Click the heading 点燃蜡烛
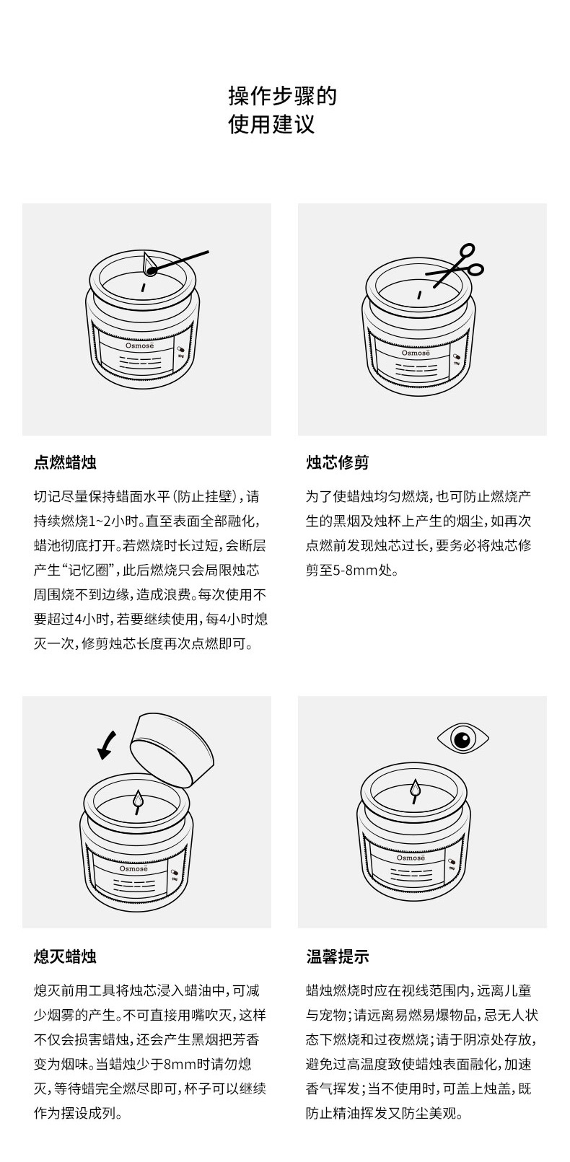pyautogui.click(x=65, y=462)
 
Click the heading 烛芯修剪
pyautogui.click(x=338, y=462)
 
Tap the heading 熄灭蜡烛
pyautogui.click(x=65, y=956)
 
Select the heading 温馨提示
pyautogui.click(x=338, y=956)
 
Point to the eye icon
pyautogui.click(x=462, y=739)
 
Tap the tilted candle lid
pyautogui.click(x=172, y=749)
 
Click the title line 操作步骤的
pyautogui.click(x=282, y=95)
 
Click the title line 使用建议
pyautogui.click(x=271, y=125)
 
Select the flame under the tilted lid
pyautogui.click(x=139, y=801)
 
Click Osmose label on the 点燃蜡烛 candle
pyautogui.click(x=139, y=345)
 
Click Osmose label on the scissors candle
pyautogui.click(x=415, y=353)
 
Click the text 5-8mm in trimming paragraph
pyautogui.click(x=350, y=571)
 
